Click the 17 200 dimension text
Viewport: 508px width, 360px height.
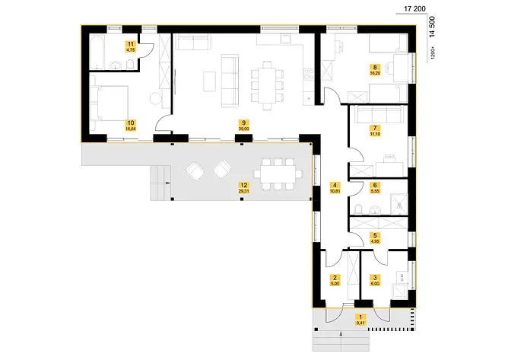[414, 8]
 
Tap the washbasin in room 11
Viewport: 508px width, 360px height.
[116, 67]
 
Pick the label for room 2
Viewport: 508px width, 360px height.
[335, 280]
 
